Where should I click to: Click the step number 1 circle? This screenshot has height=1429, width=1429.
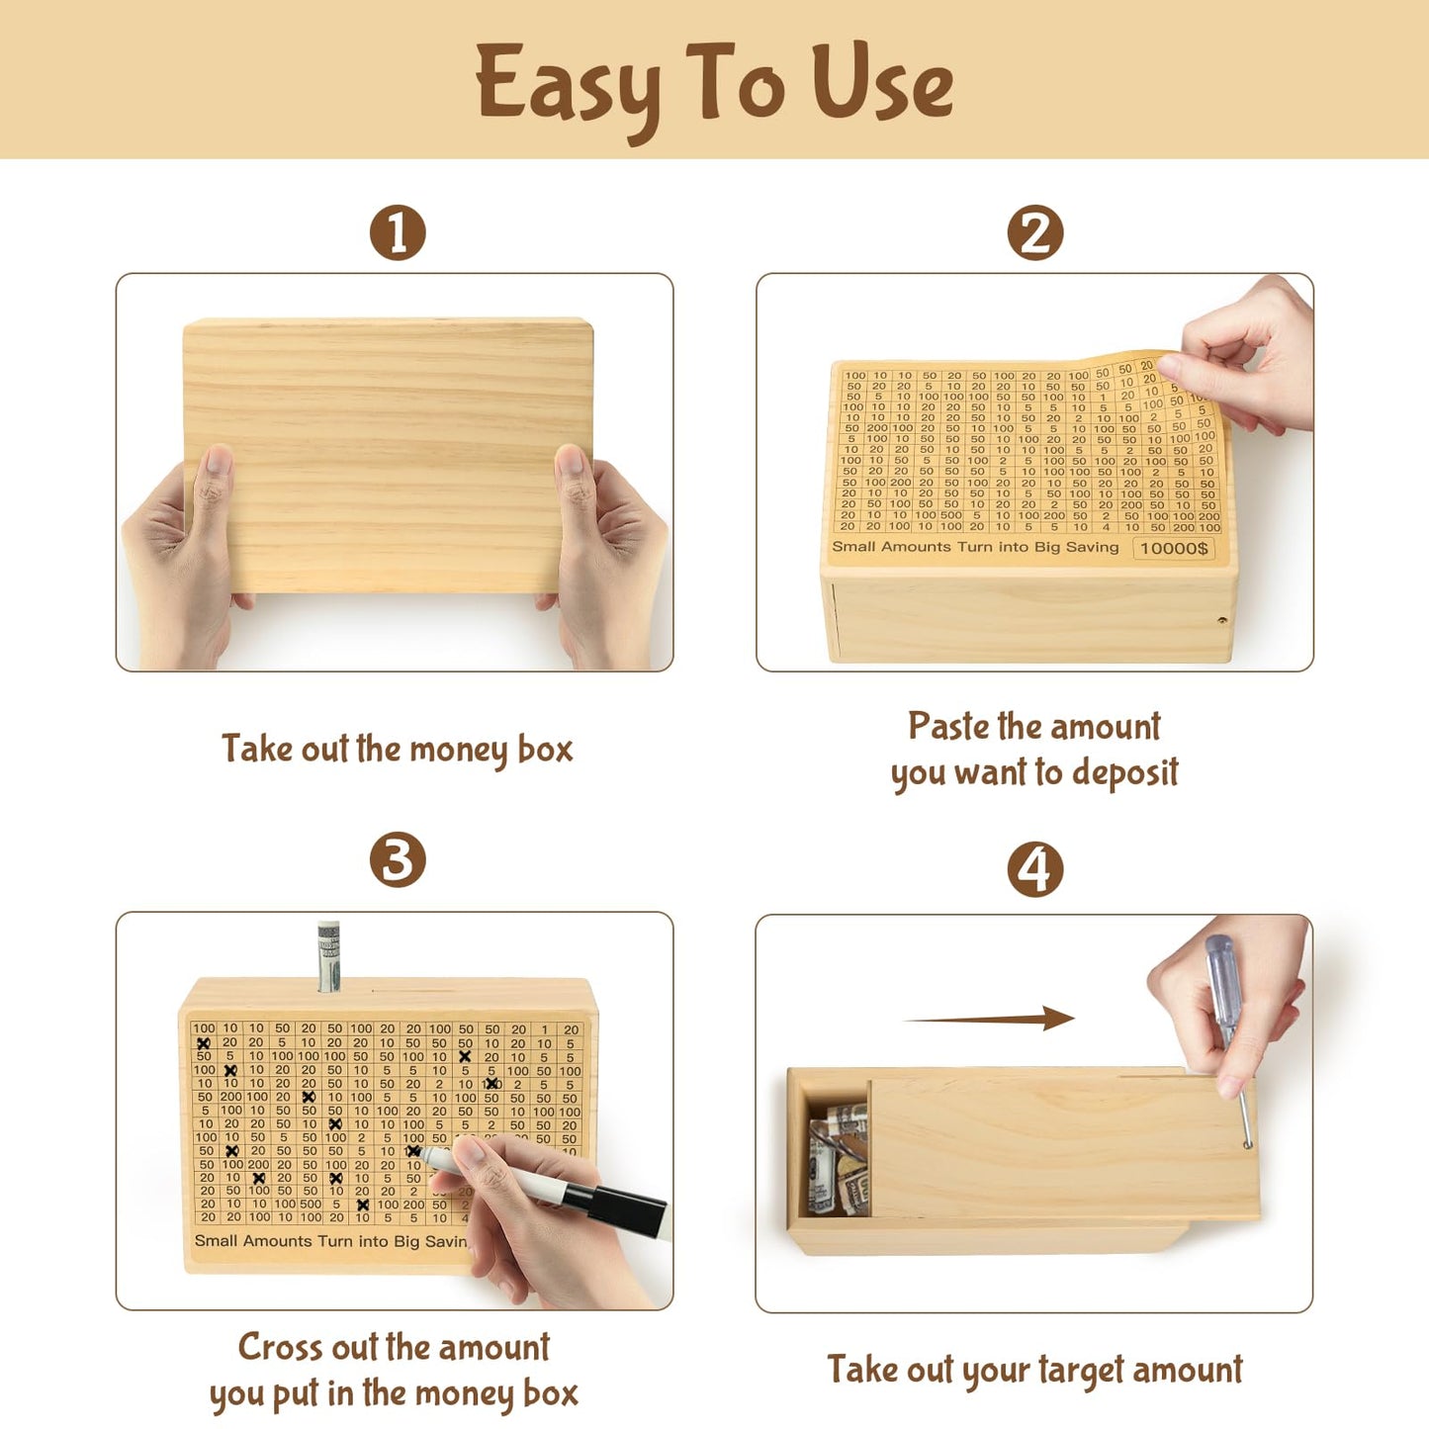coord(398,233)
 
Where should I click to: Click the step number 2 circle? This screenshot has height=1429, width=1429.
coord(1034,233)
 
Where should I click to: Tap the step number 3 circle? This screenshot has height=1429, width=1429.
coord(398,859)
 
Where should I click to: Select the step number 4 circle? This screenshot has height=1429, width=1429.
coord(1034,870)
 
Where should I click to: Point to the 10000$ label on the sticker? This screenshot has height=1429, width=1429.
coord(1174,548)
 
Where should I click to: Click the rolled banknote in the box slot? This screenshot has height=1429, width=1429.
coord(328,955)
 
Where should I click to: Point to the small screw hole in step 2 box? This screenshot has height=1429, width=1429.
coord(1222,620)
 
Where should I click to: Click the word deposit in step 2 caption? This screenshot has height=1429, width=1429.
coord(1124,772)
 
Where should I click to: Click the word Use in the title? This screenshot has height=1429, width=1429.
coord(882,85)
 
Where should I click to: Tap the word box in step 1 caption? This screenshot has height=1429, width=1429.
coord(545,749)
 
